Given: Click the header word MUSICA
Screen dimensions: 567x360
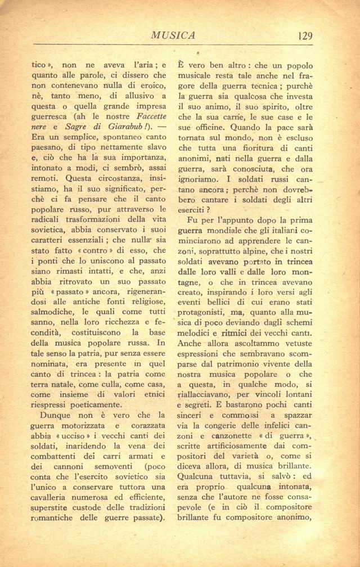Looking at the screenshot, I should [173, 36].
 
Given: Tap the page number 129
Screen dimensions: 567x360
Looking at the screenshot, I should [305, 36].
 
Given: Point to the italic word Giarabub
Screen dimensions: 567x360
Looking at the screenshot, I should [115, 127].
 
